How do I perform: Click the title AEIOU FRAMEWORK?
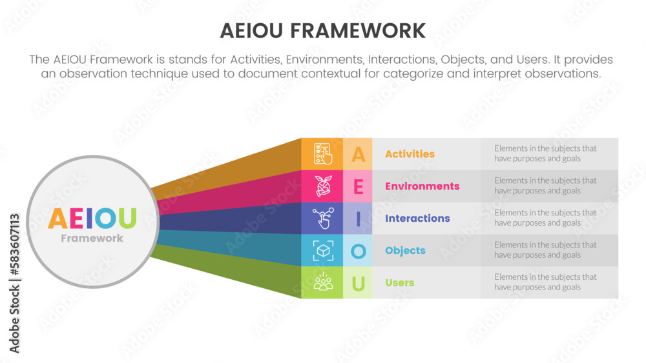pos(322,30)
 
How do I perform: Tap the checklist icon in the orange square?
pos(322,154)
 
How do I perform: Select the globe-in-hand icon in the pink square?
pos(322,186)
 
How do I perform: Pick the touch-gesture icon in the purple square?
pos(322,219)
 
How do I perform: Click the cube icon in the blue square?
pos(322,251)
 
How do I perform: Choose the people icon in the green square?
pos(322,282)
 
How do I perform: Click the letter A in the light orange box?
pos(358,154)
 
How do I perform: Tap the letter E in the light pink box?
pos(358,186)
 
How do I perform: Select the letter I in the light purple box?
pos(358,219)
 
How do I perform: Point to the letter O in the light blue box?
pos(358,251)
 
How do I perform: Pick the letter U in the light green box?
pos(358,283)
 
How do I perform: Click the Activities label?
pos(410,154)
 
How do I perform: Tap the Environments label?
pos(422,186)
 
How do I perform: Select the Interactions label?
pos(417,219)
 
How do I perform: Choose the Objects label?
pos(405,251)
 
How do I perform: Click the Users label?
pos(399,283)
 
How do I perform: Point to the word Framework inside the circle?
pos(92,239)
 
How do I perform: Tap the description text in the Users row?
pos(545,282)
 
